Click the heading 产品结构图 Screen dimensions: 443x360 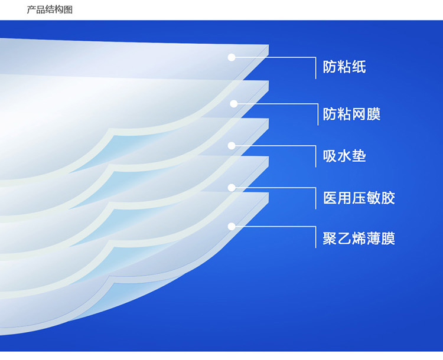[x=50, y=9]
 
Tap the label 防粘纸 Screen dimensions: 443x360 [x=344, y=67]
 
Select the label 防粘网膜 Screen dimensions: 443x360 [x=352, y=114]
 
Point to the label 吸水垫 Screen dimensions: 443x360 [x=344, y=156]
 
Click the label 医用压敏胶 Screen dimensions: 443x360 [x=359, y=198]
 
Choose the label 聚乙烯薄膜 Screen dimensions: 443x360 [x=359, y=238]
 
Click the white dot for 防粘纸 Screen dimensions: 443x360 [x=232, y=57]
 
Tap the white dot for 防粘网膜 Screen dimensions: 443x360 [x=234, y=104]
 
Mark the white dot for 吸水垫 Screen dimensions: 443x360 [x=232, y=146]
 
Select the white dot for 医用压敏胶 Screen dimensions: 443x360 [x=232, y=188]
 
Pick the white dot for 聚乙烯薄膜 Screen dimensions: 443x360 [x=232, y=227]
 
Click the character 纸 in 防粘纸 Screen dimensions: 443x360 [x=359, y=67]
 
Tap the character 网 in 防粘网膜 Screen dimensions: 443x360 [x=359, y=114]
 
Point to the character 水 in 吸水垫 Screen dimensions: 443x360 [x=344, y=156]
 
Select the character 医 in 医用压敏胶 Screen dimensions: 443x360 [x=330, y=198]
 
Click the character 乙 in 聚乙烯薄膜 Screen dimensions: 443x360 [x=344, y=238]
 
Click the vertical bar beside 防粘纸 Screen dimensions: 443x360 [x=315, y=68]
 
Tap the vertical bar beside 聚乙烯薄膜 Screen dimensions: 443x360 [x=315, y=237]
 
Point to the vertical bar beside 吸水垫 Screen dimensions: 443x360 [x=315, y=156]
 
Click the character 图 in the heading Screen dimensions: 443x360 [x=69, y=9]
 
